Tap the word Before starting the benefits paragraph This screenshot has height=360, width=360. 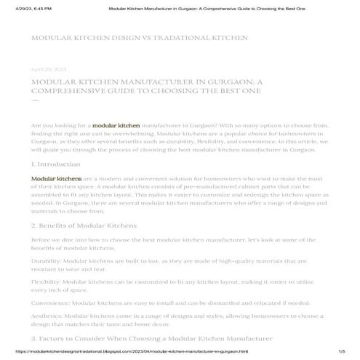pyautogui.click(x=42, y=239)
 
